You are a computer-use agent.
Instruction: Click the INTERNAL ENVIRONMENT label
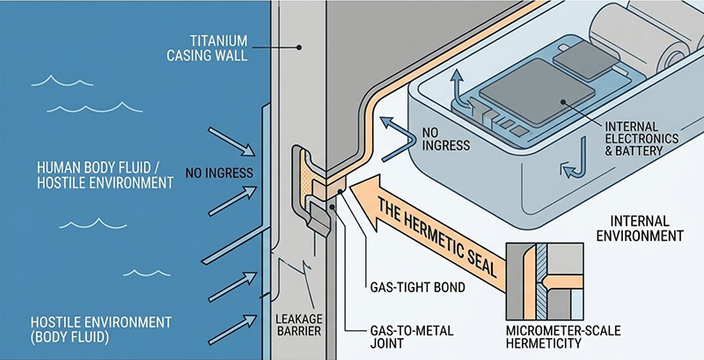point(639,228)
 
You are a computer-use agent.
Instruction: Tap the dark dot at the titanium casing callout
point(300,48)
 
